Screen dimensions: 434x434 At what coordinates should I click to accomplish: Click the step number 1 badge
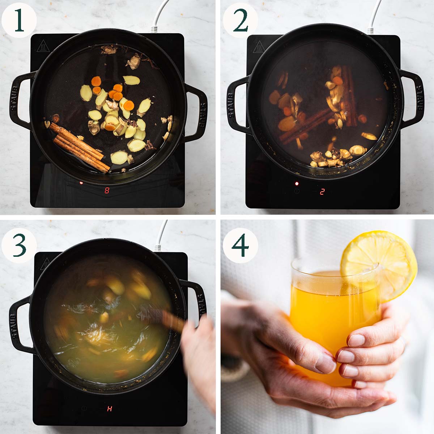(x=19, y=20)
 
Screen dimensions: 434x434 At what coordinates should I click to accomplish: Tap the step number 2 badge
(x=240, y=20)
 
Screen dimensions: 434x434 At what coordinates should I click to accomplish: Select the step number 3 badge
(x=19, y=245)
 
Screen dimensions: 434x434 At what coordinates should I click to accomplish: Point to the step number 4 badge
(x=240, y=245)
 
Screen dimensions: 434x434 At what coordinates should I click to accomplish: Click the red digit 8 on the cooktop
(x=107, y=191)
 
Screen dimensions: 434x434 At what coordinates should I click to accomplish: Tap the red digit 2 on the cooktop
(x=322, y=192)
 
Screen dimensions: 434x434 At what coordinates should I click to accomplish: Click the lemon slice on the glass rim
(x=378, y=266)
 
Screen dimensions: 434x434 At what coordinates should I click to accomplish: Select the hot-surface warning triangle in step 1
(x=43, y=46)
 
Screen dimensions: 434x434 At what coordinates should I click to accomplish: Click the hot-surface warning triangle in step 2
(x=259, y=47)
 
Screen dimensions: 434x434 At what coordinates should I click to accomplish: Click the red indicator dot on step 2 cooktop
(x=297, y=184)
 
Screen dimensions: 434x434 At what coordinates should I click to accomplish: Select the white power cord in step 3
(x=161, y=237)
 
